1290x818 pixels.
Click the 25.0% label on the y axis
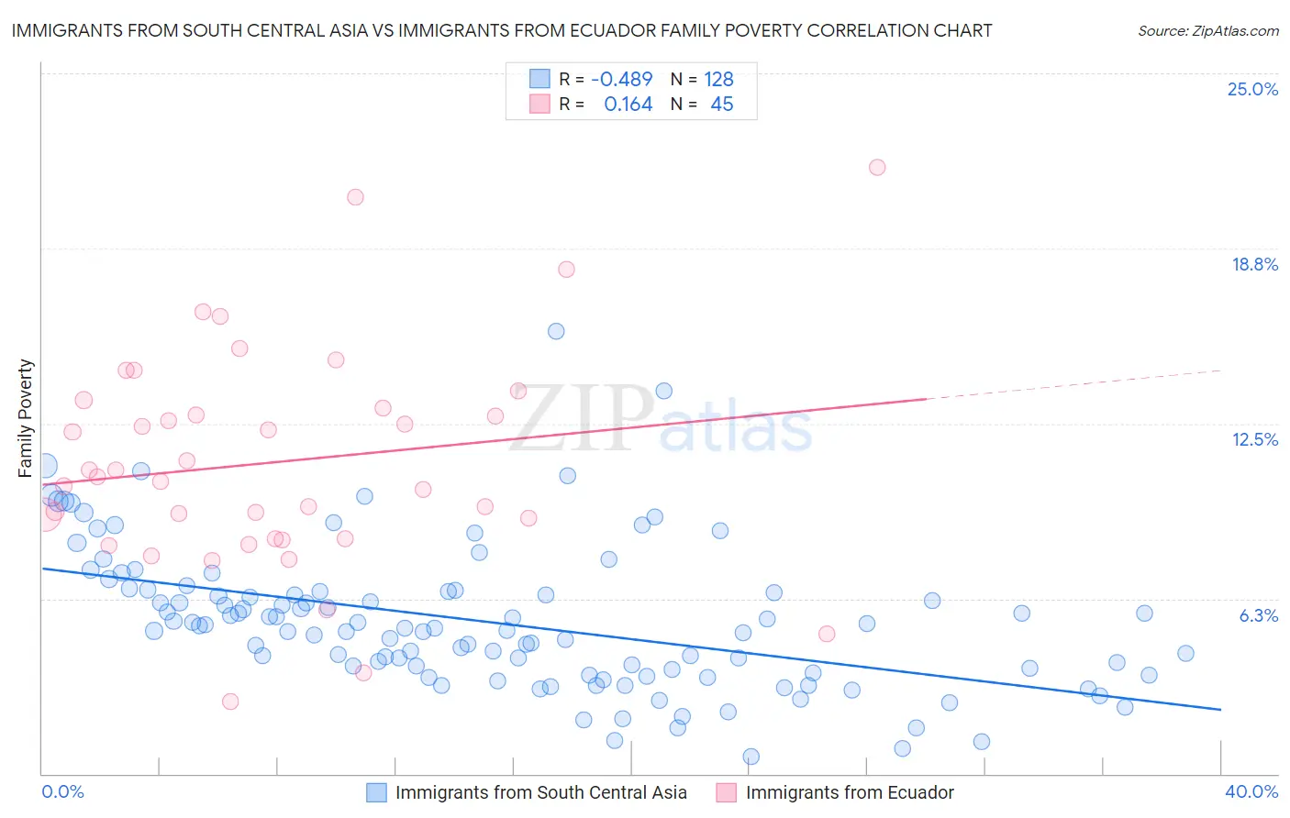[1252, 89]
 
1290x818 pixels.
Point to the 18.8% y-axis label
[1254, 264]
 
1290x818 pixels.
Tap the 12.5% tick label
[1254, 439]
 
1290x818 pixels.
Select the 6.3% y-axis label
[1258, 615]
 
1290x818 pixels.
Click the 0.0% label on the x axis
[62, 791]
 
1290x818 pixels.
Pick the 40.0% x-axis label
[1251, 791]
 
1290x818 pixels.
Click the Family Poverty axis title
[26, 418]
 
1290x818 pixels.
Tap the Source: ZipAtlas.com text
[1207, 31]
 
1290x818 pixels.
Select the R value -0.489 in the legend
[621, 80]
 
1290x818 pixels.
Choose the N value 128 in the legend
[718, 80]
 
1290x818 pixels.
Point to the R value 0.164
[628, 105]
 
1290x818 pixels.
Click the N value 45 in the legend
[721, 105]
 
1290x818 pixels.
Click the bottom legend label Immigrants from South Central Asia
[540, 792]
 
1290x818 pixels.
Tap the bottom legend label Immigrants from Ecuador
[850, 792]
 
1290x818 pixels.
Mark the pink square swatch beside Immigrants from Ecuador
[727, 792]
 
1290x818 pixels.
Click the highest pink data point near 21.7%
[877, 167]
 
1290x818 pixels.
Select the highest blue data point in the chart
[556, 331]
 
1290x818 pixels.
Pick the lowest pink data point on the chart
[230, 701]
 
